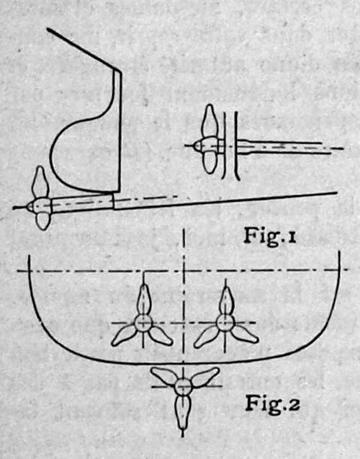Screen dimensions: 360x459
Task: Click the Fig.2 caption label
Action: point(273,404)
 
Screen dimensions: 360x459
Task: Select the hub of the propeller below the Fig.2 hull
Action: point(183,386)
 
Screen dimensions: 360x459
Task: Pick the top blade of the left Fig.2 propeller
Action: point(143,300)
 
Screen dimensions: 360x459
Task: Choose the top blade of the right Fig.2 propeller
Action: point(225,300)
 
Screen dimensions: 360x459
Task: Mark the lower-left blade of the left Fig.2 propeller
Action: point(125,336)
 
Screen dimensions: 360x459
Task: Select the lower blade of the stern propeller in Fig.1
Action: point(43,221)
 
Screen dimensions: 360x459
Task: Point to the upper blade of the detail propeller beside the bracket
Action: point(210,121)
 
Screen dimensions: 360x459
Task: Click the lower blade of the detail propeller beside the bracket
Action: point(210,163)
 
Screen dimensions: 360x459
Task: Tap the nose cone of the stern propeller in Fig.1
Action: point(30,207)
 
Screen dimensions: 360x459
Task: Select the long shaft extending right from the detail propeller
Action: point(284,147)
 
